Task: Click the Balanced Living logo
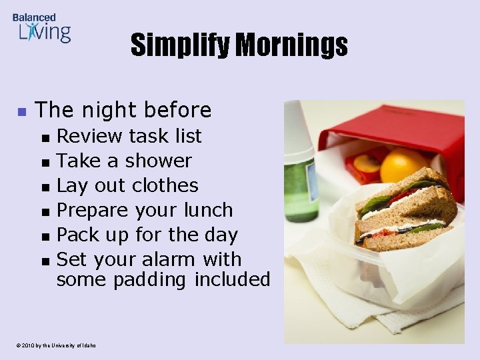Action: coord(41,27)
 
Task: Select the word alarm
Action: coord(167,259)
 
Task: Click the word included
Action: coord(232,279)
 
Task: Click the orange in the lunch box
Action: coord(403,166)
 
